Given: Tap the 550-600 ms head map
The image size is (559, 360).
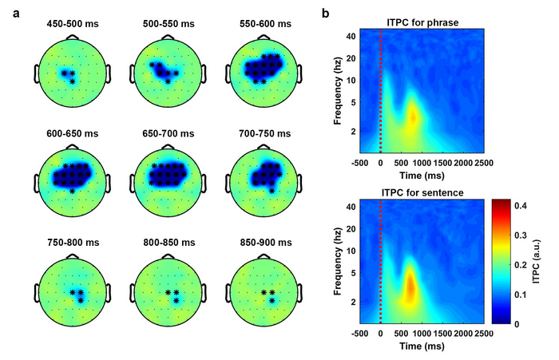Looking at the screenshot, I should [x=263, y=72].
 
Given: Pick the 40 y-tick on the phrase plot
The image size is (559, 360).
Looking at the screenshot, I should [x=350, y=37].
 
